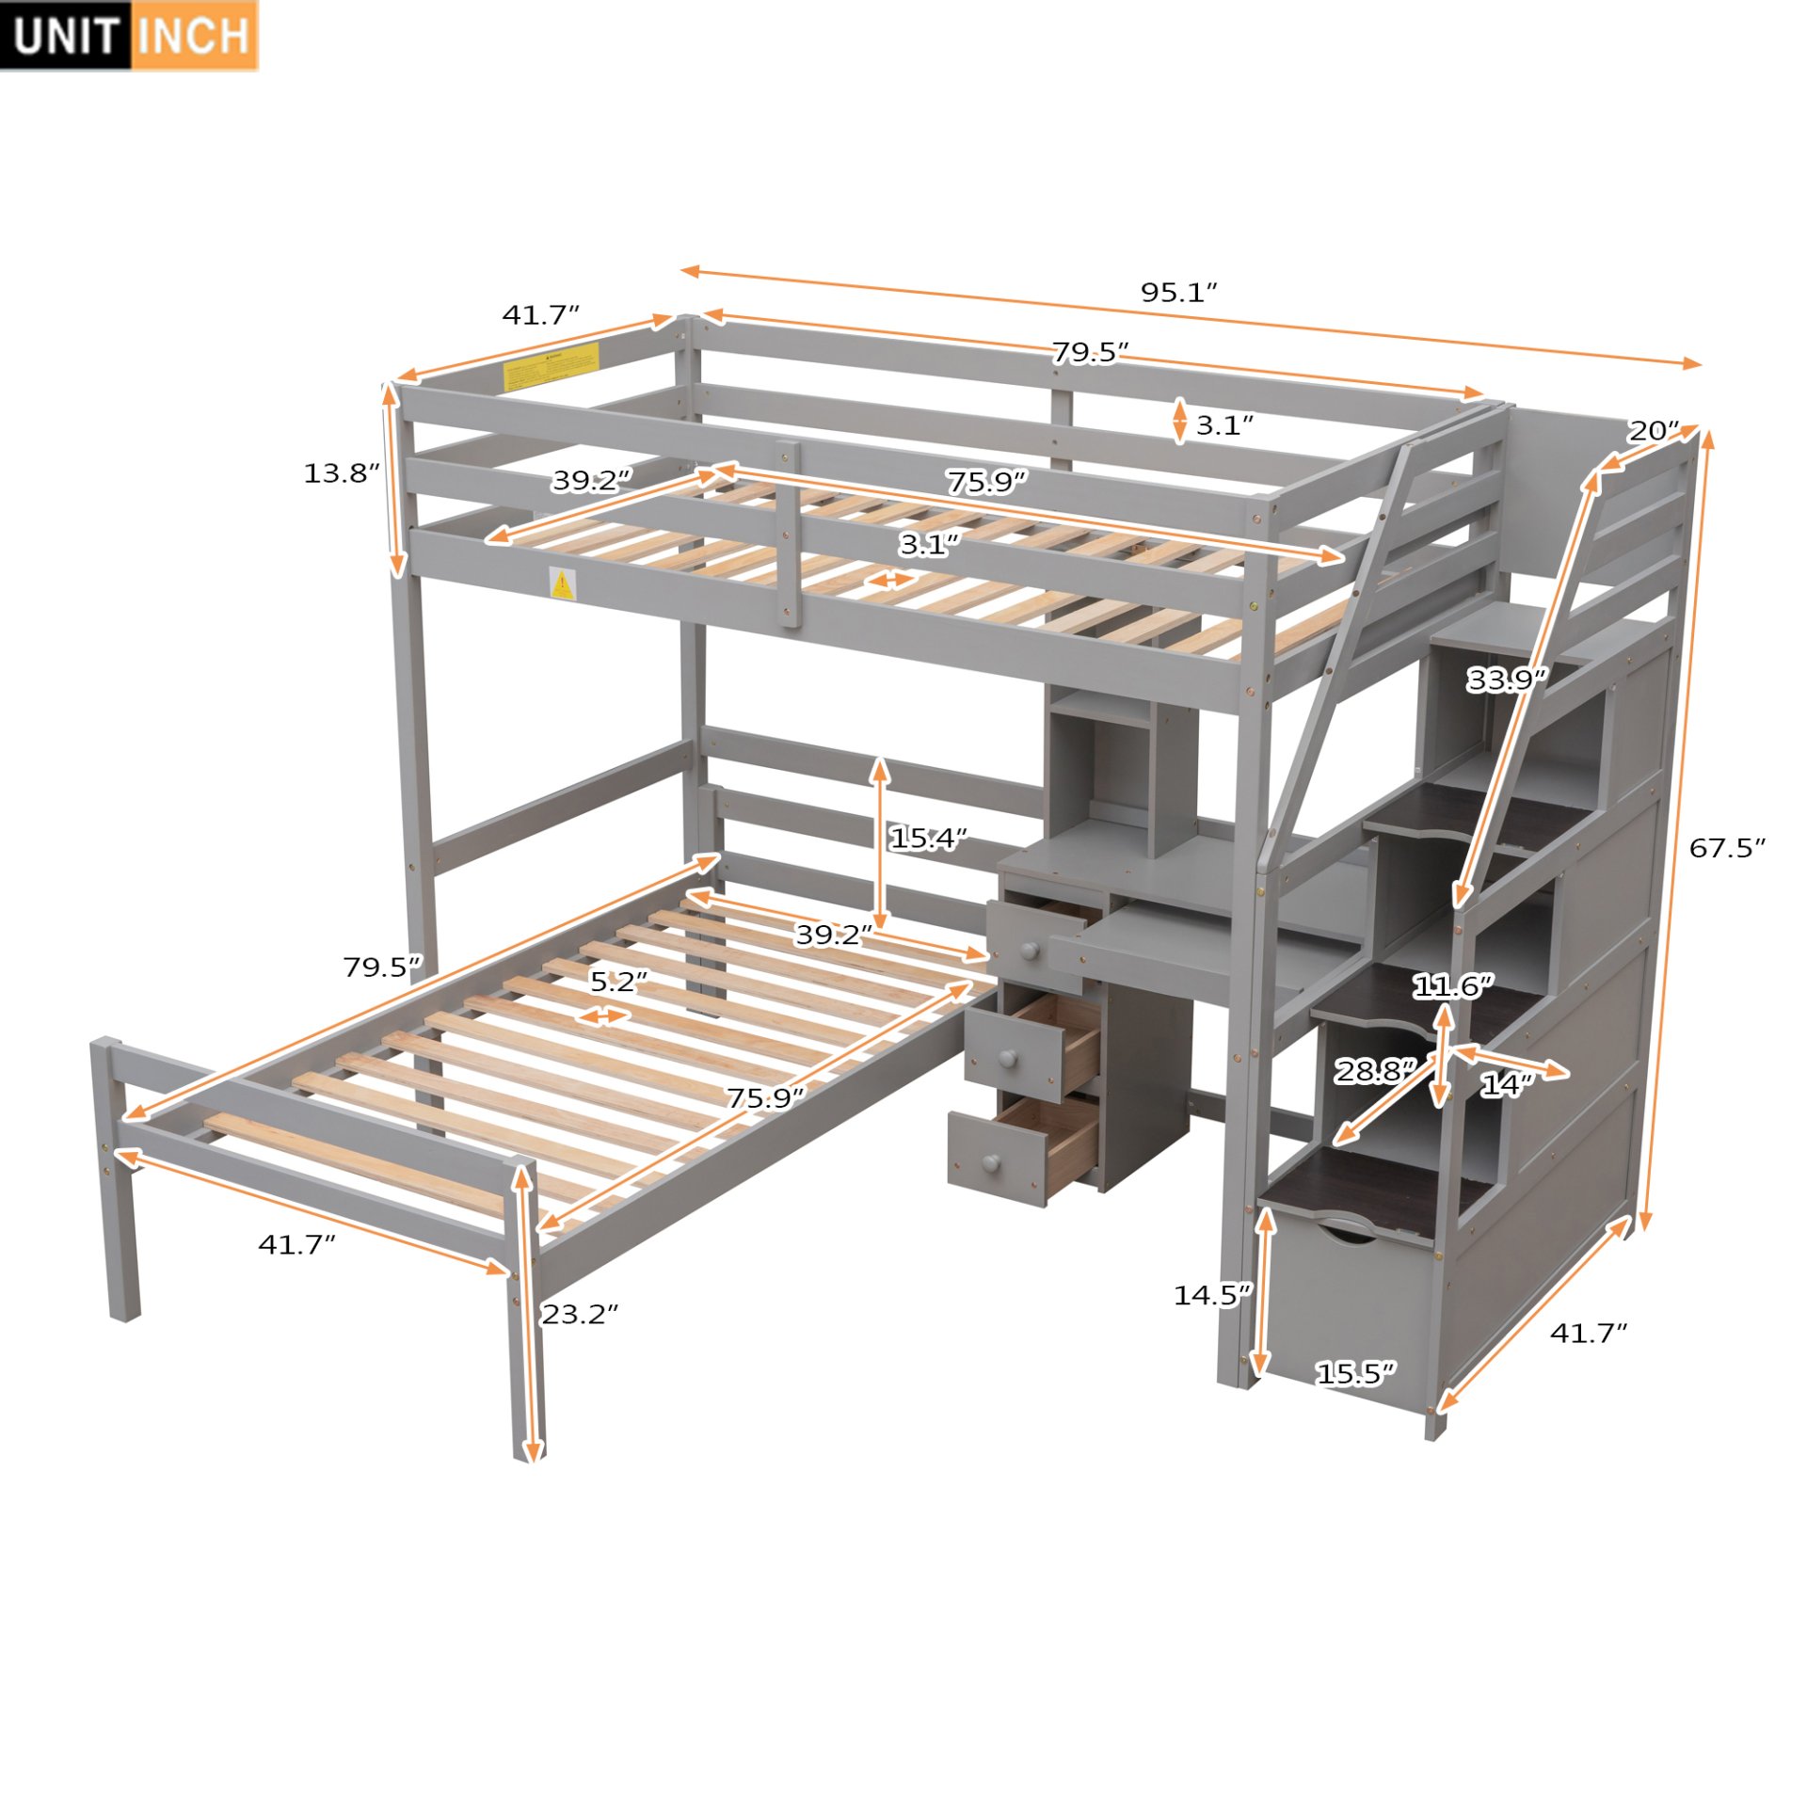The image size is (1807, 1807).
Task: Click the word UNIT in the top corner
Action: coord(66,36)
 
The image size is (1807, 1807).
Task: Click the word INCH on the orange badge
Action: coord(193,36)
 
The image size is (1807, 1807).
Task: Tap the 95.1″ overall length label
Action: coord(1178,293)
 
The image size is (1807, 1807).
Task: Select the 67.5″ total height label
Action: coord(1726,848)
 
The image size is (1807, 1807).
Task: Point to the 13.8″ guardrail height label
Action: coord(341,473)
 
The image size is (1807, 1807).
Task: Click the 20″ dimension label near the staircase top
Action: coord(1654,431)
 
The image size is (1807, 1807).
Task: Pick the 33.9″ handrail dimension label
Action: coord(1506,679)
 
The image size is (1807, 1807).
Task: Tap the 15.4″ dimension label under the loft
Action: coord(928,838)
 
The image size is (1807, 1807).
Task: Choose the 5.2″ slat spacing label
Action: coord(618,982)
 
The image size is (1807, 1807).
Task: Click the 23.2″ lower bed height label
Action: coord(580,1314)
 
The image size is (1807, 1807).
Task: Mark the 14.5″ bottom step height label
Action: coord(1212,1295)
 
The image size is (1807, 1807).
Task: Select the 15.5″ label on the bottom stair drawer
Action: coord(1355,1374)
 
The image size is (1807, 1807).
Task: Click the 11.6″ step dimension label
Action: coord(1453,986)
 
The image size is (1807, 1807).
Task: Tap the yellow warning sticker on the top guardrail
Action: coord(551,367)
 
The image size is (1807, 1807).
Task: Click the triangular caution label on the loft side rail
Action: coord(562,584)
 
